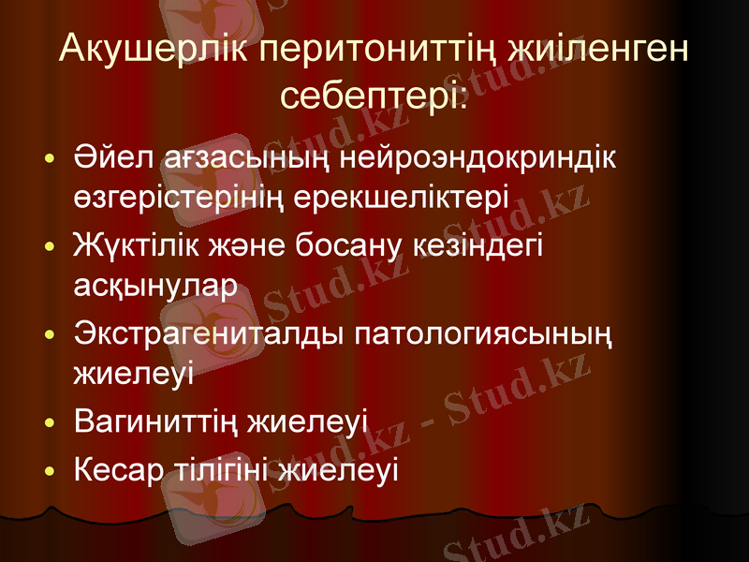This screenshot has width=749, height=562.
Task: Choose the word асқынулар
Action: [x=154, y=286]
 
